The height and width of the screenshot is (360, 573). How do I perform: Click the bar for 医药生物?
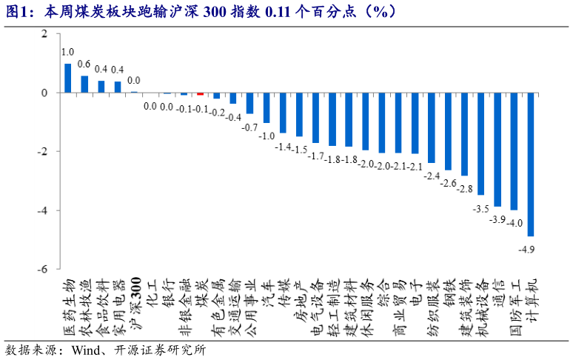(68, 78)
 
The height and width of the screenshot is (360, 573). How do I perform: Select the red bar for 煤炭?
(200, 94)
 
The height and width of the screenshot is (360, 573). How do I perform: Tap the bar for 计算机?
(531, 164)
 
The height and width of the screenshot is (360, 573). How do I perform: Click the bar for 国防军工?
(514, 151)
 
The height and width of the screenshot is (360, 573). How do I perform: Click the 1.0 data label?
(67, 53)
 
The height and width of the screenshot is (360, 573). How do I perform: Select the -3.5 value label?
(480, 209)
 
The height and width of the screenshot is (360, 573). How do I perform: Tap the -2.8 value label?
(463, 189)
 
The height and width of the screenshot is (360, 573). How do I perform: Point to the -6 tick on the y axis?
(44, 269)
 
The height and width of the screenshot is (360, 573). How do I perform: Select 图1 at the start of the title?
(16, 10)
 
